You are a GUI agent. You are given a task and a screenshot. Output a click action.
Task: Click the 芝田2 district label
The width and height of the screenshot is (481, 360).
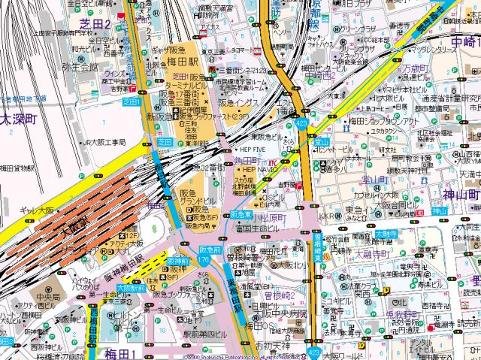[x=95, y=25]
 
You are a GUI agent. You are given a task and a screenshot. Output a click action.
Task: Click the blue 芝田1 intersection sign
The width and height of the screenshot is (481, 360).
[x=132, y=101]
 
